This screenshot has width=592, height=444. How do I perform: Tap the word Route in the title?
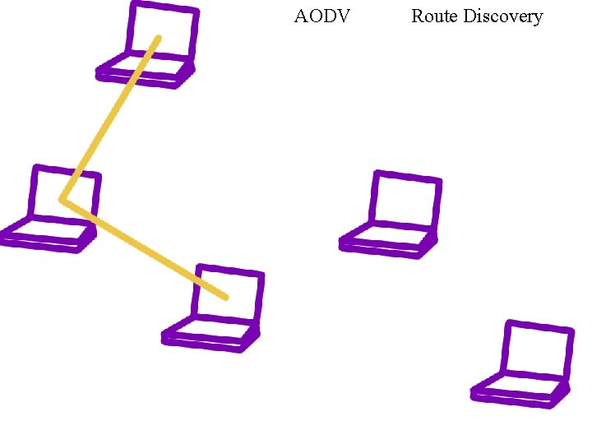[x=434, y=16]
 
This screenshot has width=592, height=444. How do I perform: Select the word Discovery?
[x=503, y=16]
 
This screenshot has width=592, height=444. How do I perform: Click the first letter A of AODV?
[x=300, y=16]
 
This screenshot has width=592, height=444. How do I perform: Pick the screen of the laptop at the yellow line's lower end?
[x=229, y=294]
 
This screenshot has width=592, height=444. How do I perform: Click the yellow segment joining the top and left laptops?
[x=109, y=118]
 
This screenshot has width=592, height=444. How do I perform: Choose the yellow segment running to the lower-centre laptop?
[x=144, y=247]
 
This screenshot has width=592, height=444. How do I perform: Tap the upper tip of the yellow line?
[x=158, y=38]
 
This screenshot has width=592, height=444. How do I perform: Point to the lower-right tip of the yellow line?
[x=225, y=296]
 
